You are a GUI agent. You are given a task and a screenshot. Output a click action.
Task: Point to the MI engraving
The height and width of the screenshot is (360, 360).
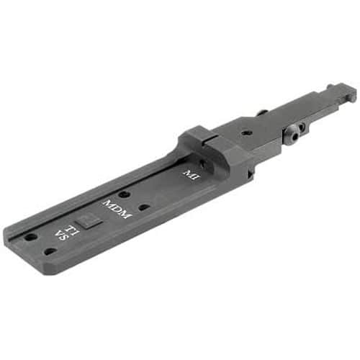(x=189, y=175)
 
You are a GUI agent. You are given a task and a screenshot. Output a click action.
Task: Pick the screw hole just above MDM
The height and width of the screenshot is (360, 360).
(x=124, y=193)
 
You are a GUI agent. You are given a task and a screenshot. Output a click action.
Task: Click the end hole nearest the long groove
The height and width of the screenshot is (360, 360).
(x=30, y=236)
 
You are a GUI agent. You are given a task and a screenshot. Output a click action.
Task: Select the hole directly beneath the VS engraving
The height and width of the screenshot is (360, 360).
(x=49, y=251)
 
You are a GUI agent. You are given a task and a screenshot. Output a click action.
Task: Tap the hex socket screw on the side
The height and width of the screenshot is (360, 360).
(x=294, y=133)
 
